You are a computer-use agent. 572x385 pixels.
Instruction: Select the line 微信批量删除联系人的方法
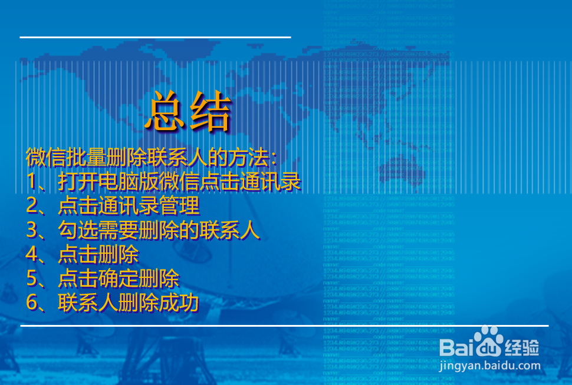coord(151,158)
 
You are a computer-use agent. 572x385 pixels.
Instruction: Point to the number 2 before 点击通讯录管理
coord(32,206)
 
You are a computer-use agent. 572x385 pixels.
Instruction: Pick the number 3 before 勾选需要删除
coord(32,230)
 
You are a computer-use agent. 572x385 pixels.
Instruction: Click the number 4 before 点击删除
coord(32,254)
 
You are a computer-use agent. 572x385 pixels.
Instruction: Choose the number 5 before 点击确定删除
coord(32,278)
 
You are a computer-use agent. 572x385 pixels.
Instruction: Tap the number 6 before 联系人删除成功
coord(32,303)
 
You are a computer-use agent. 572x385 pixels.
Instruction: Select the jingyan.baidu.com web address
coord(490,365)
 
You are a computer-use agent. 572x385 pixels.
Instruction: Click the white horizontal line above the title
coord(155,37)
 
